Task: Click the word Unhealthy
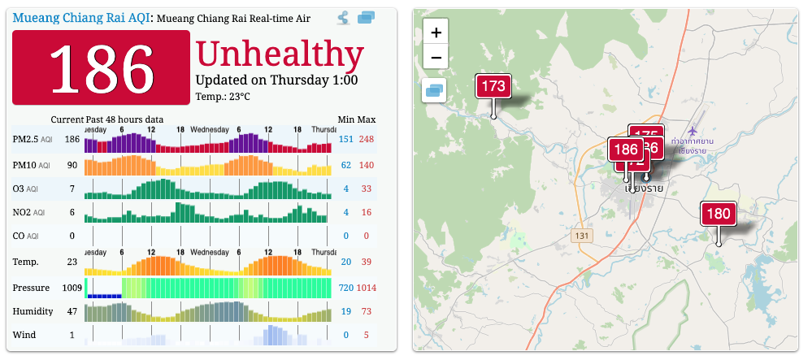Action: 280,54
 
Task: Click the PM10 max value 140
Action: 367,166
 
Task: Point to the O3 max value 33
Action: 367,189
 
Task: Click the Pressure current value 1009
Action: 73,288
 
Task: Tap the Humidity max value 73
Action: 367,311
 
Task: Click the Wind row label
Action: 24,335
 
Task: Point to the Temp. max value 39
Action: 367,262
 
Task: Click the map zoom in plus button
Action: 436,33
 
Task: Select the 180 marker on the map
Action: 719,215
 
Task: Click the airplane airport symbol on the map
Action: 693,131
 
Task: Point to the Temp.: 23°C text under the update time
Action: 223,98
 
